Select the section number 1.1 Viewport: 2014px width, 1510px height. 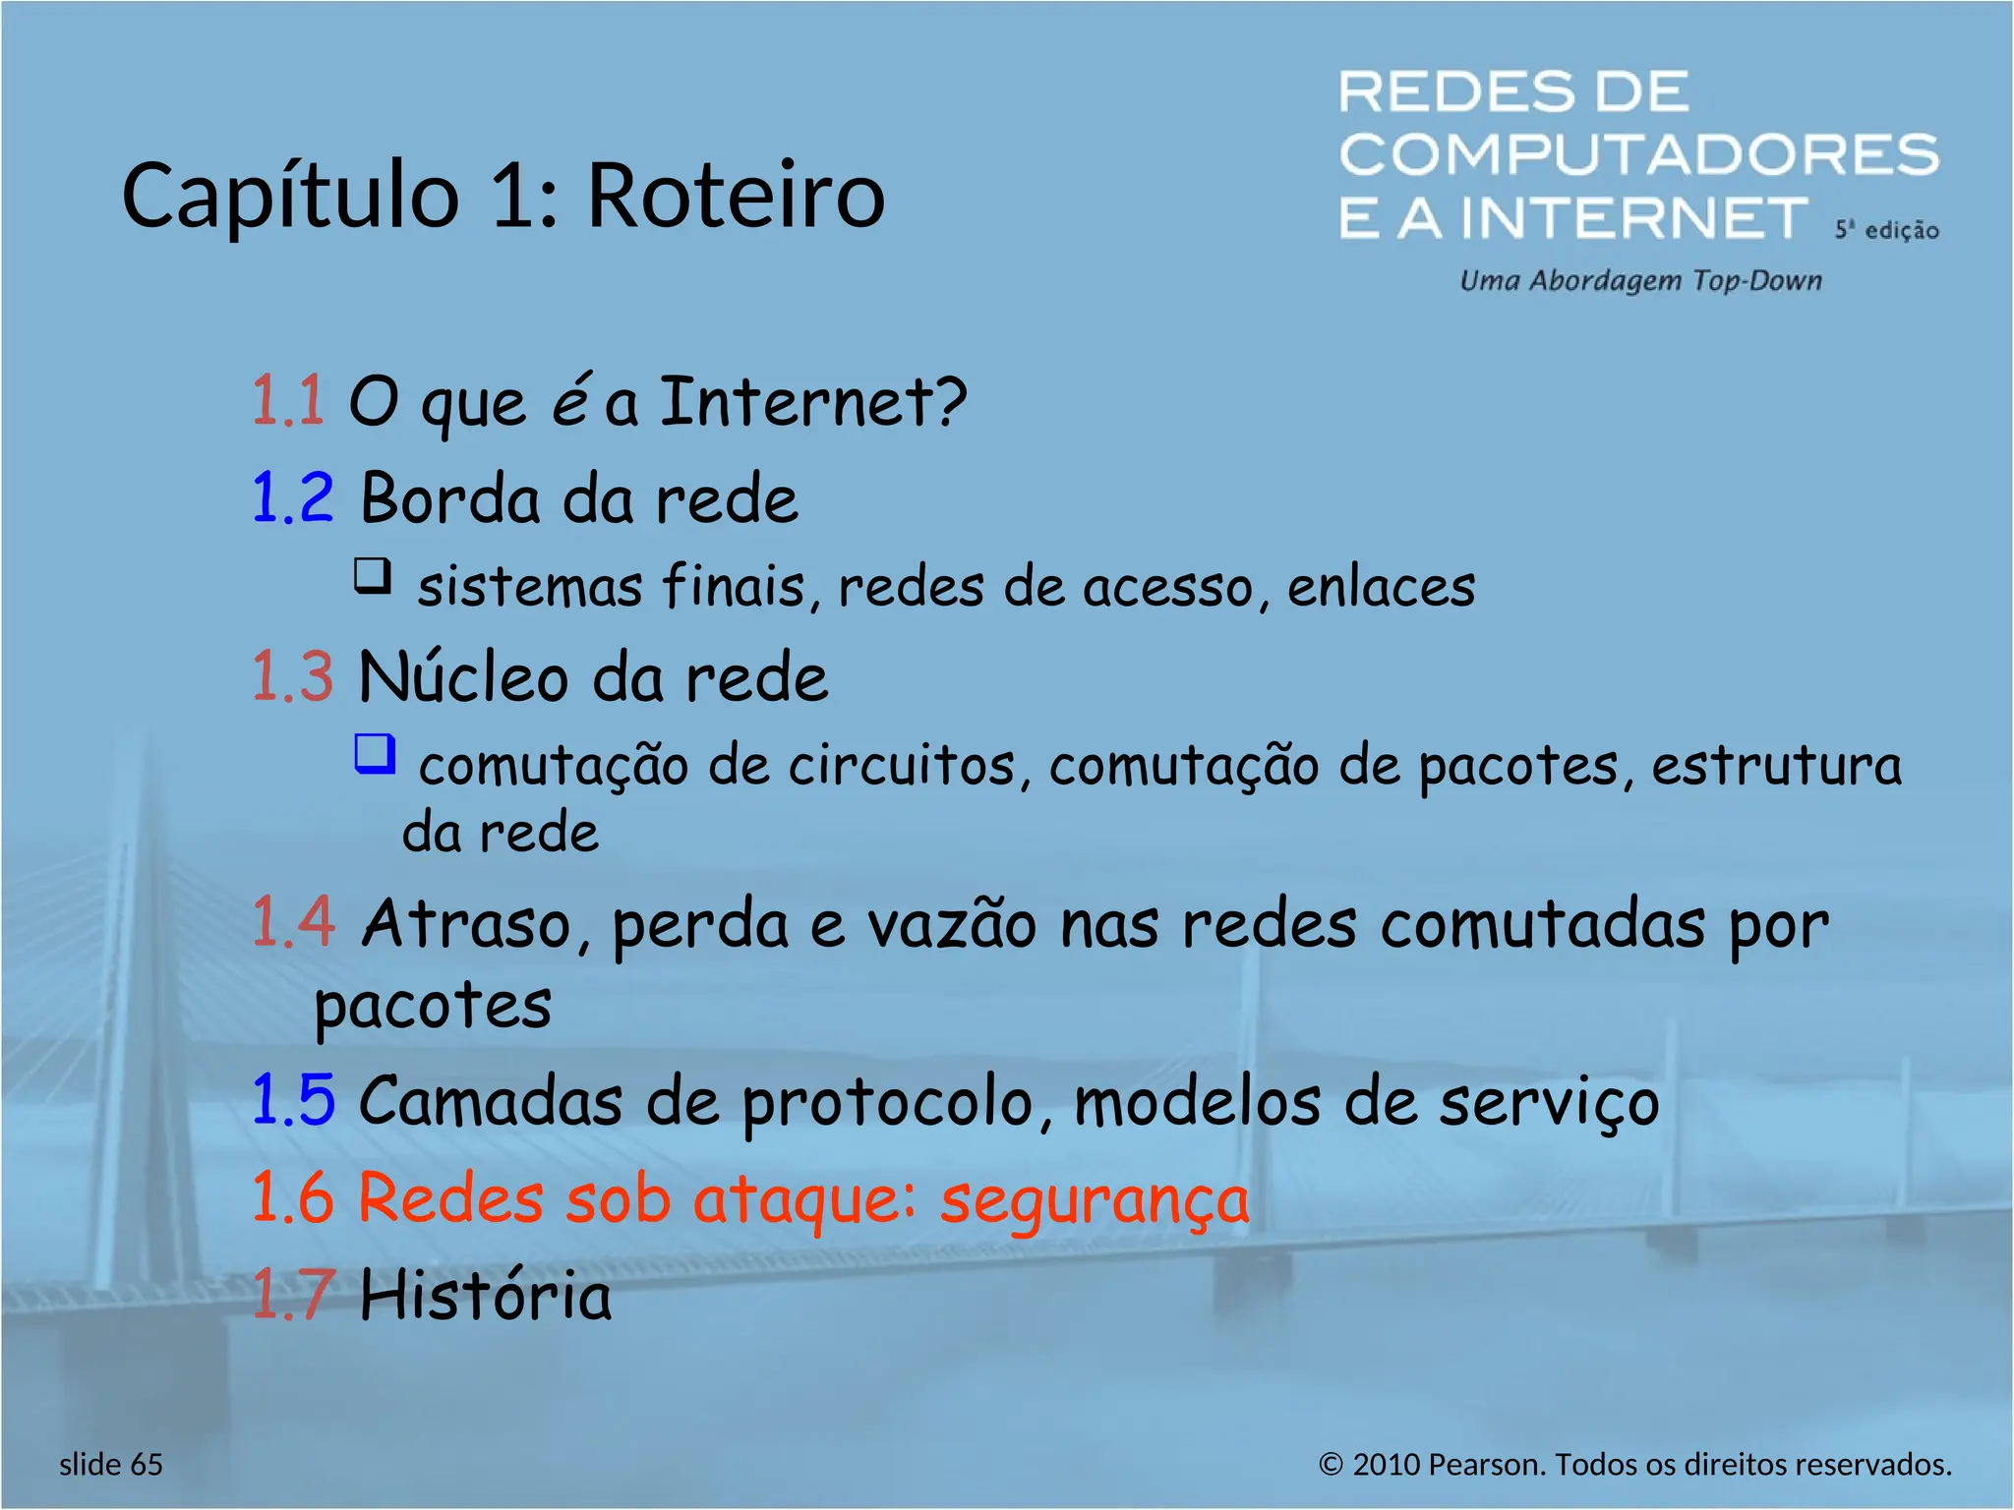click(x=287, y=401)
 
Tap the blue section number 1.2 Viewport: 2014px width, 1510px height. click(x=292, y=497)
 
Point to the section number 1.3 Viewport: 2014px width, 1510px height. click(x=292, y=676)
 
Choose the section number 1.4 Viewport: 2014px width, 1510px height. click(x=292, y=922)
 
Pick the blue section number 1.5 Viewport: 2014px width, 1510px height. click(x=292, y=1099)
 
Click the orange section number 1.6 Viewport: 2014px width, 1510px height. click(x=292, y=1197)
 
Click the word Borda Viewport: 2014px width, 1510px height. click(x=450, y=497)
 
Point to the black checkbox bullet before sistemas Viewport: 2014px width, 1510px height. click(x=373, y=576)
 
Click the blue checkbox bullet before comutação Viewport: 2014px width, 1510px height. click(x=375, y=754)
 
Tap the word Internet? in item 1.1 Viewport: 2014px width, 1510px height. click(x=812, y=401)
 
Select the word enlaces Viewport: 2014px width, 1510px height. click(x=1381, y=587)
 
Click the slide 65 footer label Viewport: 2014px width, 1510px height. click(x=110, y=1465)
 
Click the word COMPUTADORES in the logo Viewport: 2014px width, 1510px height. click(x=1638, y=155)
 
